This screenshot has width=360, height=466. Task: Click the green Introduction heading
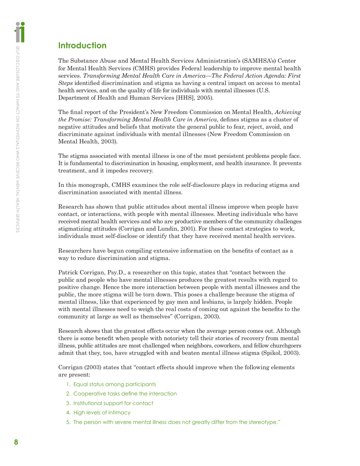tap(82, 46)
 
